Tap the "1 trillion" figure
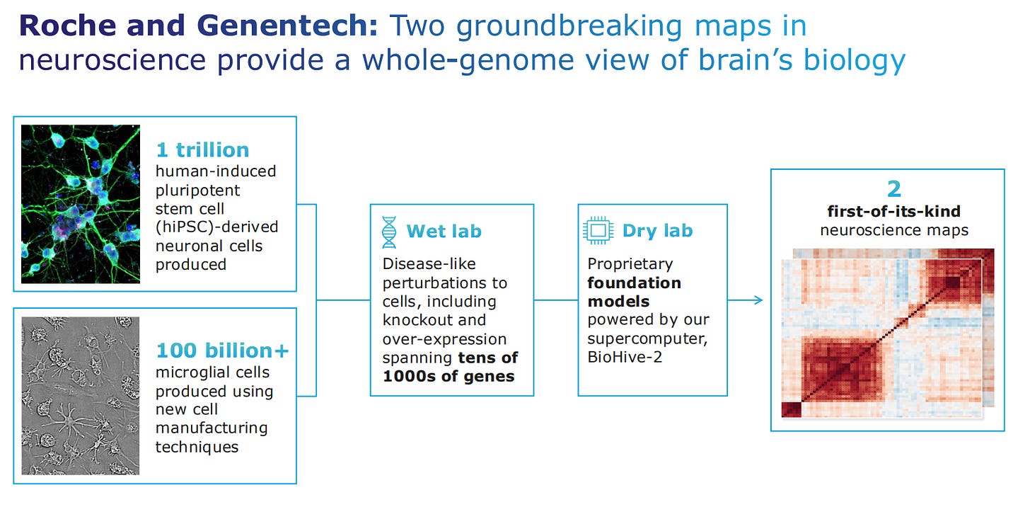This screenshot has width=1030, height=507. tap(202, 149)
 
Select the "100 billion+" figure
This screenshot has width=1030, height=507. tap(222, 351)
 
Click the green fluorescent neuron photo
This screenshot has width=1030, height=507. tap(81, 204)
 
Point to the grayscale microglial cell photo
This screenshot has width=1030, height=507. tap(81, 395)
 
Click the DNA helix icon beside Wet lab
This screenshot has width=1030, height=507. tap(389, 232)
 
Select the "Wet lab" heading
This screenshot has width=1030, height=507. tap(444, 231)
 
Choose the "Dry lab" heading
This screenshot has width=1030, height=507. tap(657, 231)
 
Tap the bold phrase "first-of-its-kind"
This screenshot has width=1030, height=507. tap(894, 212)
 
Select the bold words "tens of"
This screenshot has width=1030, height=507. tap(487, 357)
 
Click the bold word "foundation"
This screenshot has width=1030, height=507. tap(634, 283)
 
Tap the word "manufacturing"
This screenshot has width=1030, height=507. tap(212, 428)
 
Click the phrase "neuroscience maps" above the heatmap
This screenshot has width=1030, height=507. tap(894, 230)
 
